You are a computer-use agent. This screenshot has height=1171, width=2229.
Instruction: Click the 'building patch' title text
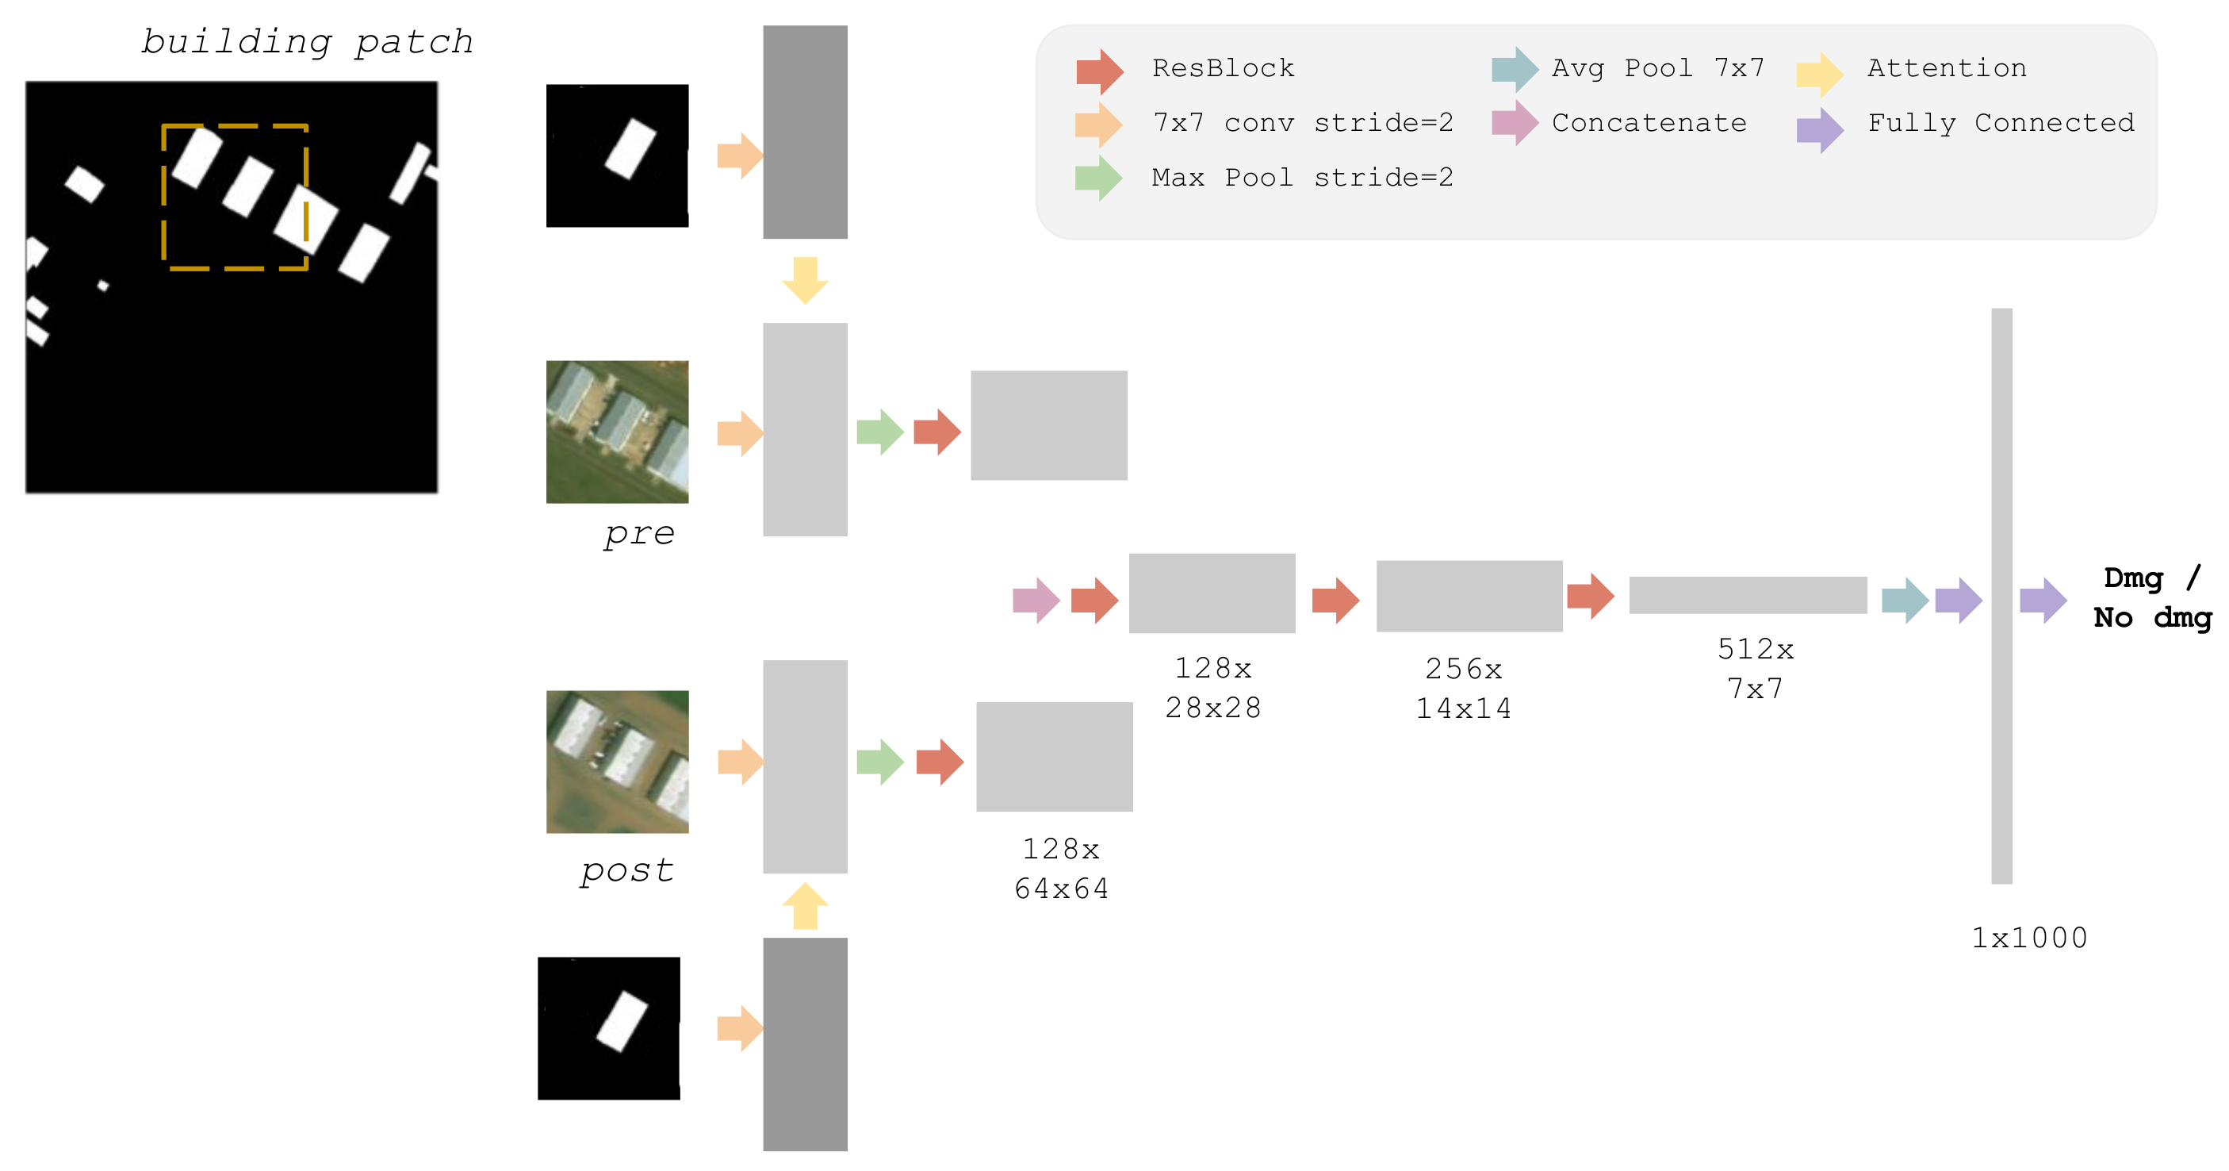click(307, 41)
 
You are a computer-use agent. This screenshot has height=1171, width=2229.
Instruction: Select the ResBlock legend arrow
click(1099, 70)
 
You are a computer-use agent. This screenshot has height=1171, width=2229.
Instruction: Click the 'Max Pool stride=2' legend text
click(1301, 178)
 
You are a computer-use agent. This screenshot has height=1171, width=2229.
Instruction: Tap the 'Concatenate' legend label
click(1649, 123)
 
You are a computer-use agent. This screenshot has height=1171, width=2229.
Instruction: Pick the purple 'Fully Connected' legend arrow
click(1819, 130)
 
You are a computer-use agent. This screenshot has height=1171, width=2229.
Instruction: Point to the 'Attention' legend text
click(1946, 67)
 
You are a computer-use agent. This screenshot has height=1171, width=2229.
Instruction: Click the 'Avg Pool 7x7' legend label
click(1657, 67)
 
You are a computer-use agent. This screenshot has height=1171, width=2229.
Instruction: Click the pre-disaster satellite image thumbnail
click(617, 431)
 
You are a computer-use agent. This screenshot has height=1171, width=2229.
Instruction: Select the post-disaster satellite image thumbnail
click(617, 761)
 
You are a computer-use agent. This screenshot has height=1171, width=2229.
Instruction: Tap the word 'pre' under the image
click(638, 532)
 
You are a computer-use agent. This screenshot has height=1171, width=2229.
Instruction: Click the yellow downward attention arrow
click(805, 279)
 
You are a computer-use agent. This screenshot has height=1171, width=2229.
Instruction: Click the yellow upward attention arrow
click(805, 906)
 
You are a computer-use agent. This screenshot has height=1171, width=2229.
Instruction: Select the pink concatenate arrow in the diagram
click(1036, 600)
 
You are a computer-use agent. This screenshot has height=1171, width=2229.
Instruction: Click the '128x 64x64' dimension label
click(1061, 868)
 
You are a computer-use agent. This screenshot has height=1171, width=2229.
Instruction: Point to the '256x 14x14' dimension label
click(1463, 688)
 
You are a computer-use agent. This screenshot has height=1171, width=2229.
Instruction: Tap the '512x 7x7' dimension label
click(1755, 668)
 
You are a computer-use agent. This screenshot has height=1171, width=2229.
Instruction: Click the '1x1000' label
click(2028, 937)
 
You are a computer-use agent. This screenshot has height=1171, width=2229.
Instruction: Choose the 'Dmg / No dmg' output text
click(2151, 597)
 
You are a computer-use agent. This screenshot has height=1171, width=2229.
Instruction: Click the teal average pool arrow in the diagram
click(1905, 600)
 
